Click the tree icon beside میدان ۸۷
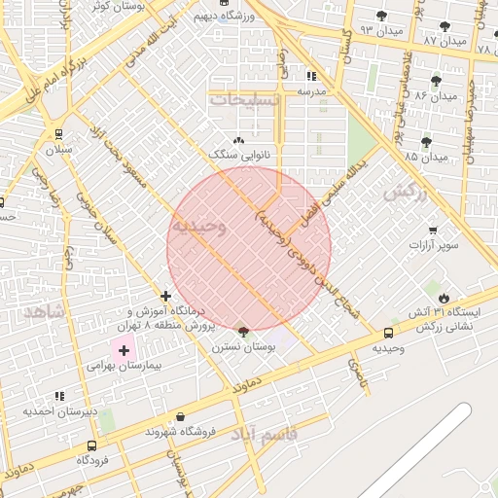445,26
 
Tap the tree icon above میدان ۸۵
426,142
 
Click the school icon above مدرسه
311,75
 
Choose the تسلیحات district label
245,100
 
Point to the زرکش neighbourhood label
405,193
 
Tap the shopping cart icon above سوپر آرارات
433,231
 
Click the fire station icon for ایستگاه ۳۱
445,298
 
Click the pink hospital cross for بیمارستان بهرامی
124,349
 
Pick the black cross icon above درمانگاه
166,295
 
